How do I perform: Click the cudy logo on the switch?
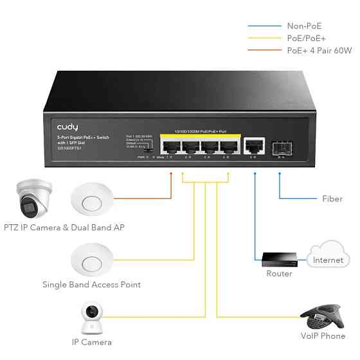tap(68, 128)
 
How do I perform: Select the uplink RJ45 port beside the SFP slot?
tap(255, 145)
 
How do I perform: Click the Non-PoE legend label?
tap(303, 26)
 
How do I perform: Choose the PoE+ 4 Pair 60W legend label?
tap(319, 51)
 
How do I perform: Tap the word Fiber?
tap(332, 199)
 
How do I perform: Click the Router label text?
tap(279, 274)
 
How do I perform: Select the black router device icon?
tap(279, 258)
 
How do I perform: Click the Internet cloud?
tap(328, 256)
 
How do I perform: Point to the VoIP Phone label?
tap(323, 336)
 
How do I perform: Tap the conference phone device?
tap(323, 314)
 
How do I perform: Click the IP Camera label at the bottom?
tap(92, 342)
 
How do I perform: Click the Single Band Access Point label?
tap(91, 284)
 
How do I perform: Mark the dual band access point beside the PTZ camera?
tap(93, 199)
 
